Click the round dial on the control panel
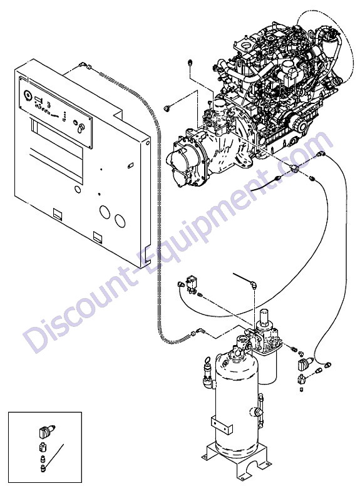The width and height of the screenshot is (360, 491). tap(27, 94)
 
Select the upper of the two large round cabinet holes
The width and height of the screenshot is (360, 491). tap(105, 212)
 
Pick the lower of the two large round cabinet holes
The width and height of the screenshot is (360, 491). tap(120, 220)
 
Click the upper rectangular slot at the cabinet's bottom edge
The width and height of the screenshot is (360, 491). tap(58, 214)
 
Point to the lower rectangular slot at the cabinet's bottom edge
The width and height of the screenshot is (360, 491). tap(98, 237)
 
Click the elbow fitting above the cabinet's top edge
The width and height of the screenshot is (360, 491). tap(83, 65)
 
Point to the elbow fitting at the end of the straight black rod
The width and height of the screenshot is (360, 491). tap(253, 285)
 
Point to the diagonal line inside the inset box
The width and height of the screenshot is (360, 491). tap(55, 455)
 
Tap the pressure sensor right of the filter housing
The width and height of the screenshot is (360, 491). tap(305, 364)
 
